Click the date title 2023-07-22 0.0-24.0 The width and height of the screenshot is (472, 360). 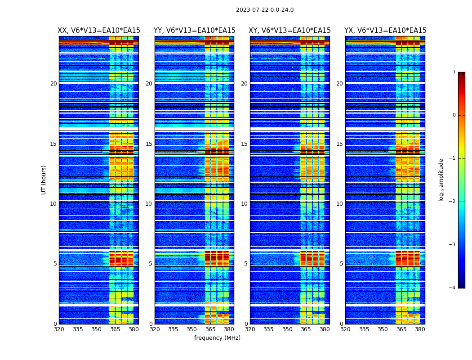pyautogui.click(x=265, y=10)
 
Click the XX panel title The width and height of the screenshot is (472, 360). pyautogui.click(x=99, y=31)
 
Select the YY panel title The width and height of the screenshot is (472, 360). pyautogui.click(x=194, y=31)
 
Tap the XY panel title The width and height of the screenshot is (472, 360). pyautogui.click(x=290, y=31)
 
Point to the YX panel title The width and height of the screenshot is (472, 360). pyautogui.click(x=385, y=31)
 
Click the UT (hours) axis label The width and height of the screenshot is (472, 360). pyautogui.click(x=44, y=180)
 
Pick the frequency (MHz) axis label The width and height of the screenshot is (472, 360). pyautogui.click(x=217, y=338)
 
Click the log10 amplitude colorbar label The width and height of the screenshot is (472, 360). pyautogui.click(x=441, y=180)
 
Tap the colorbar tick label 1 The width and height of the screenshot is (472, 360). pyautogui.click(x=454, y=72)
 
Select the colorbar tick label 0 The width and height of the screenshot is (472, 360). pyautogui.click(x=454, y=115)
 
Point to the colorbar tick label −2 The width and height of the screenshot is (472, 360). pyautogui.click(x=453, y=202)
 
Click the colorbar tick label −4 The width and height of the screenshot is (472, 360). pyautogui.click(x=453, y=288)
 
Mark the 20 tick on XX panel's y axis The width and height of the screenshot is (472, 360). pyautogui.click(x=53, y=84)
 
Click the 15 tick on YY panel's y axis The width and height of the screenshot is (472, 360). pyautogui.click(x=149, y=144)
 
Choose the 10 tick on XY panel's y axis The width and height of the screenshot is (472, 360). pyautogui.click(x=244, y=204)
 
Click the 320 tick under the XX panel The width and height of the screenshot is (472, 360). pyautogui.click(x=59, y=329)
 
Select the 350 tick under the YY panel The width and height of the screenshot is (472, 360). pyautogui.click(x=191, y=329)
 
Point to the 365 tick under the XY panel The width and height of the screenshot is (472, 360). pyautogui.click(x=306, y=329)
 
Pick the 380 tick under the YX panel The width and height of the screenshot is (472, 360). pyautogui.click(x=420, y=329)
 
